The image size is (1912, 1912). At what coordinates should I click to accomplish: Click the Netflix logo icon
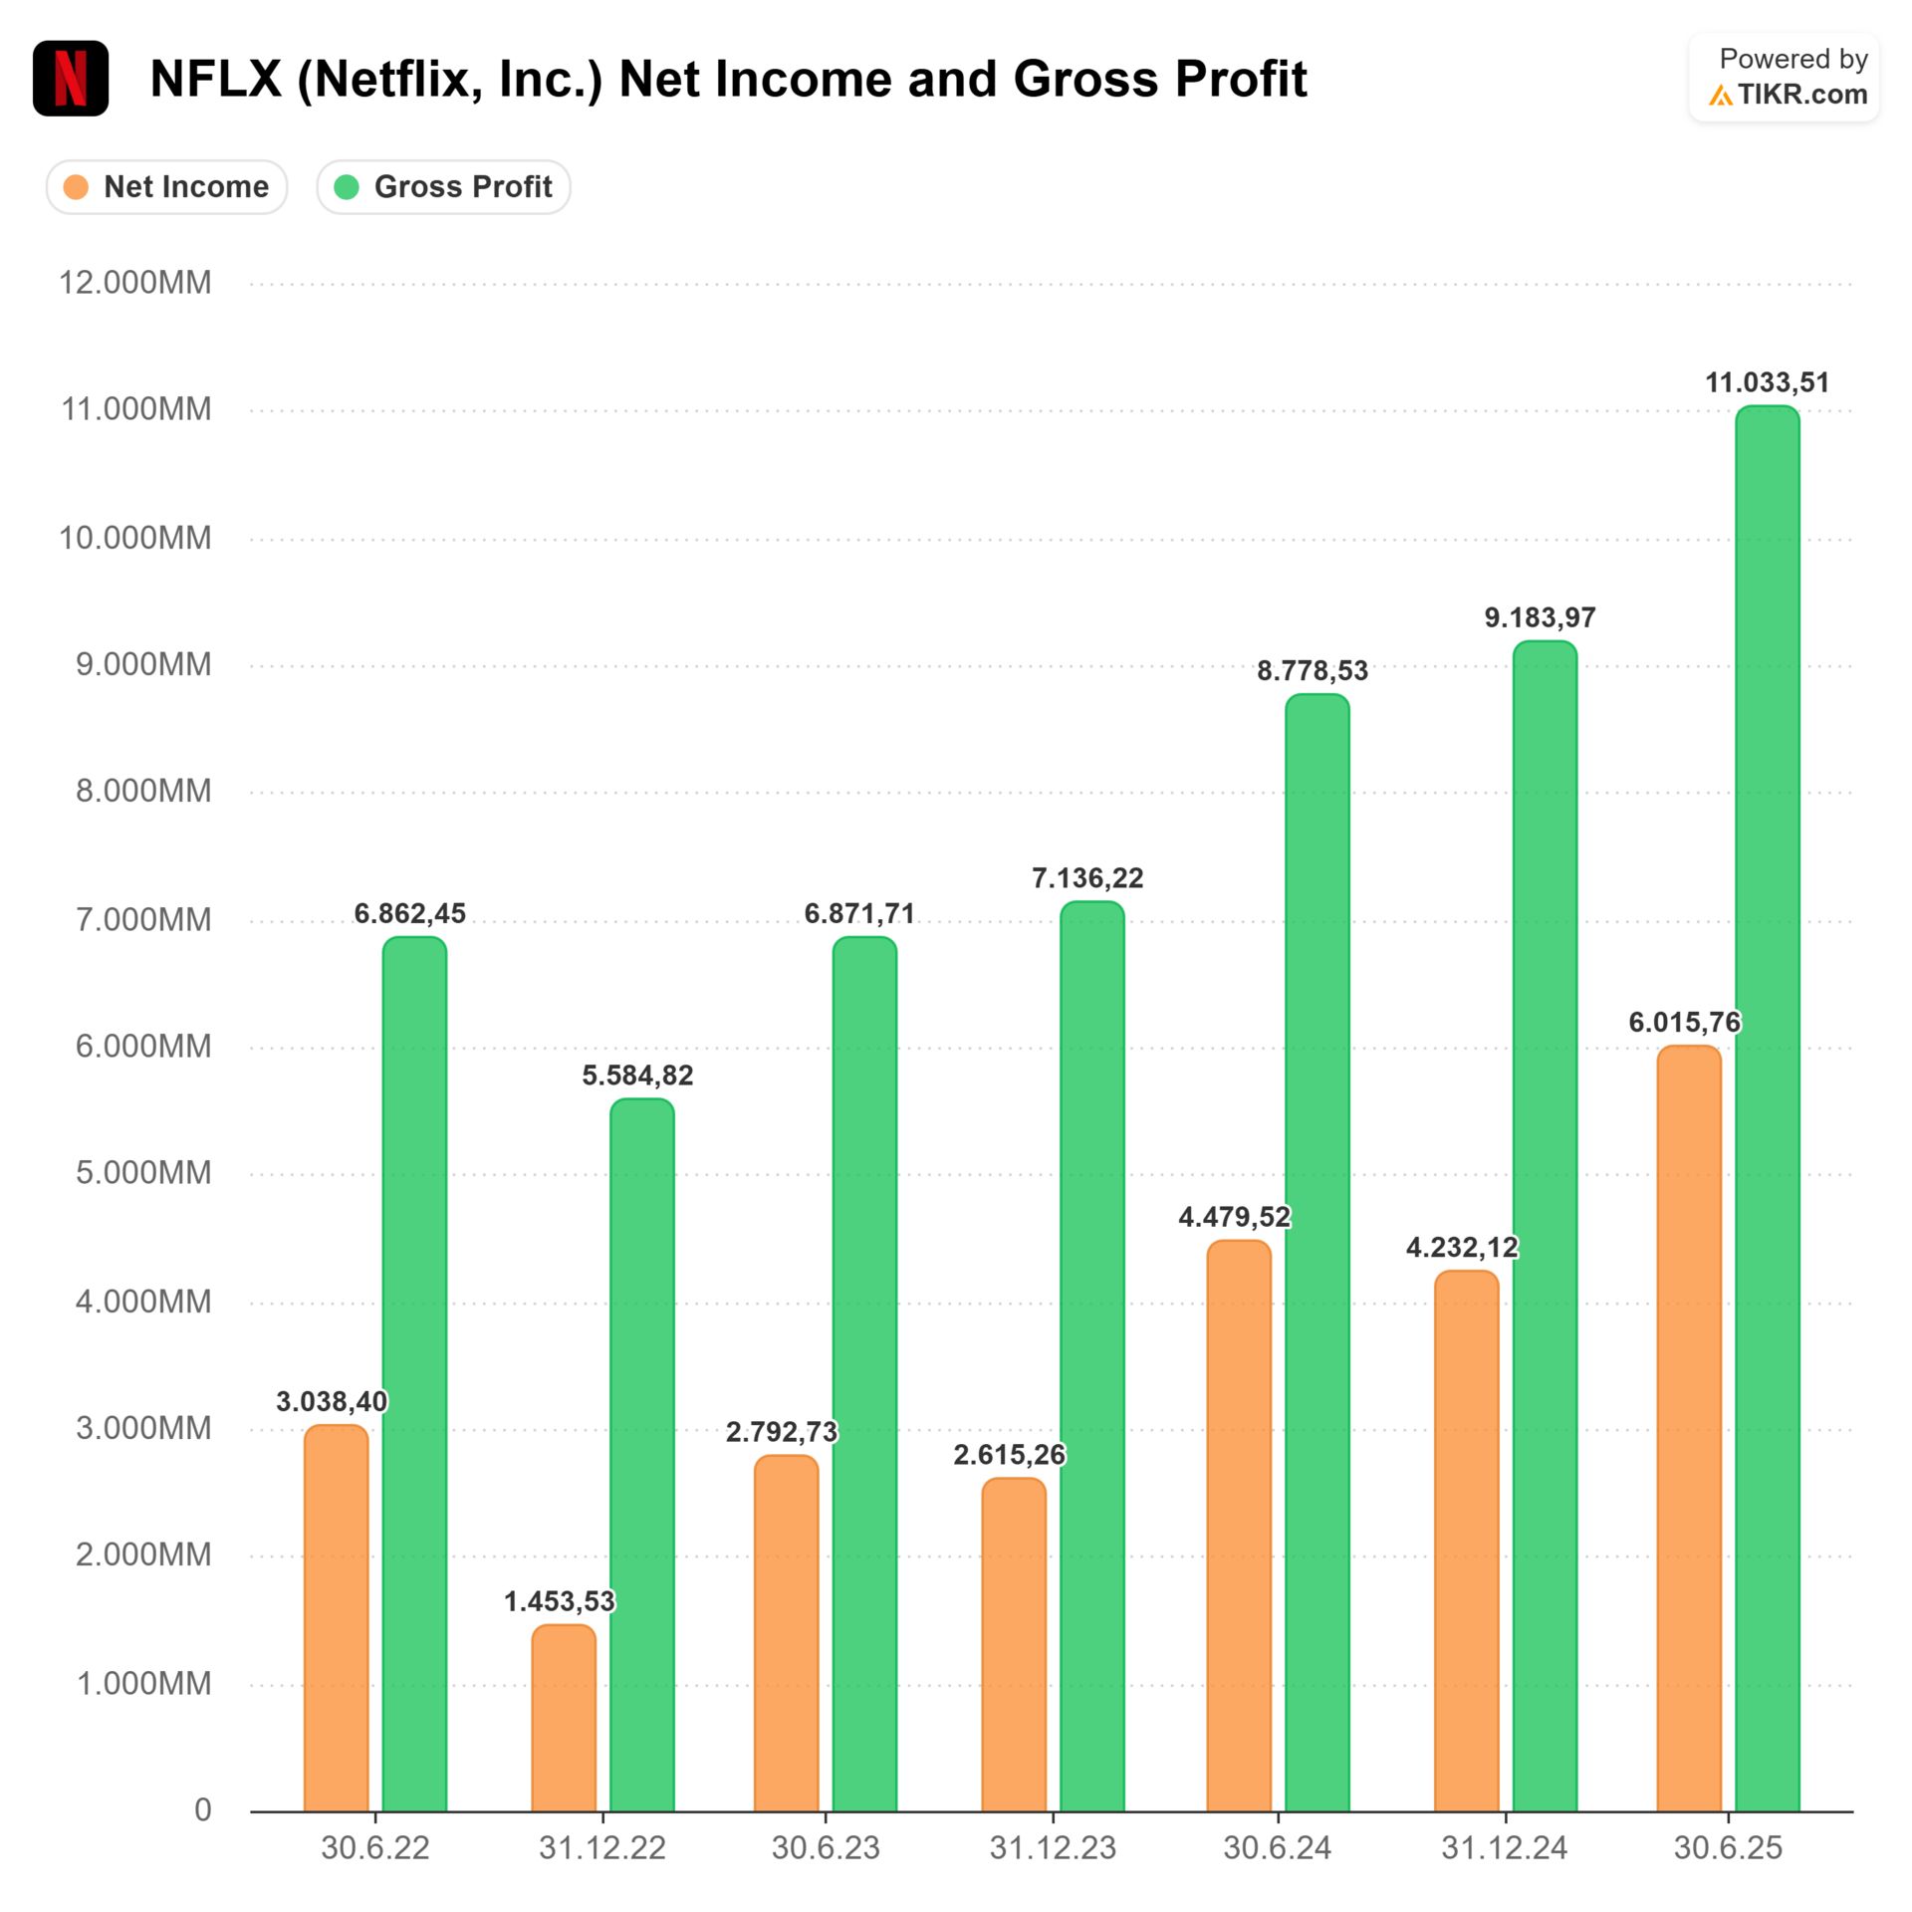tap(71, 79)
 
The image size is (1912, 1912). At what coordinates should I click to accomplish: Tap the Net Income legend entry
tap(167, 187)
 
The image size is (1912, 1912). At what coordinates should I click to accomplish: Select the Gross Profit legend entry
tap(444, 187)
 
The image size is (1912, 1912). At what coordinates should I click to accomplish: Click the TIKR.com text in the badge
tap(1801, 96)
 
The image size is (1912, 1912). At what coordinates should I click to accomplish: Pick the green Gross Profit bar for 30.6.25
tap(1767, 1105)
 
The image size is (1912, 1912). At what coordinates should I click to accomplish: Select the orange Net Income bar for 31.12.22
tap(564, 1718)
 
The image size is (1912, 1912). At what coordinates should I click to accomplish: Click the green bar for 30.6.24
tap(1316, 1255)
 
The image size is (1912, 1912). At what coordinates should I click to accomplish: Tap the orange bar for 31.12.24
tap(1466, 1544)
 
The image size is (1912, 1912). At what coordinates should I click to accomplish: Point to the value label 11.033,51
tap(1767, 383)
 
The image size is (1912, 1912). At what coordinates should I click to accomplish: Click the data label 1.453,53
tap(560, 1602)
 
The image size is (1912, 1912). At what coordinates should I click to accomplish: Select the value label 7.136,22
tap(1087, 878)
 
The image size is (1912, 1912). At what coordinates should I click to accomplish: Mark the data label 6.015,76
tap(1684, 1023)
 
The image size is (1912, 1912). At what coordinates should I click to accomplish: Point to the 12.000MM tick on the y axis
tap(135, 283)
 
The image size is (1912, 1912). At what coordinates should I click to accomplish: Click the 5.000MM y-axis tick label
tap(143, 1173)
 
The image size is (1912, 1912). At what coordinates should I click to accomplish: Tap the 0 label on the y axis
tap(202, 1809)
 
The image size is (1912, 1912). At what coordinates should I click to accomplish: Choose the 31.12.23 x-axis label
tap(1053, 1849)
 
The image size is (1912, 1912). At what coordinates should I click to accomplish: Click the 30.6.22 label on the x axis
tap(374, 1849)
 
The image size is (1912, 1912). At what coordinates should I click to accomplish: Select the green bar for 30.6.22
tap(414, 1374)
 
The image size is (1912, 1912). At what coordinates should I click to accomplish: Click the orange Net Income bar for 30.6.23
tap(786, 1633)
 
